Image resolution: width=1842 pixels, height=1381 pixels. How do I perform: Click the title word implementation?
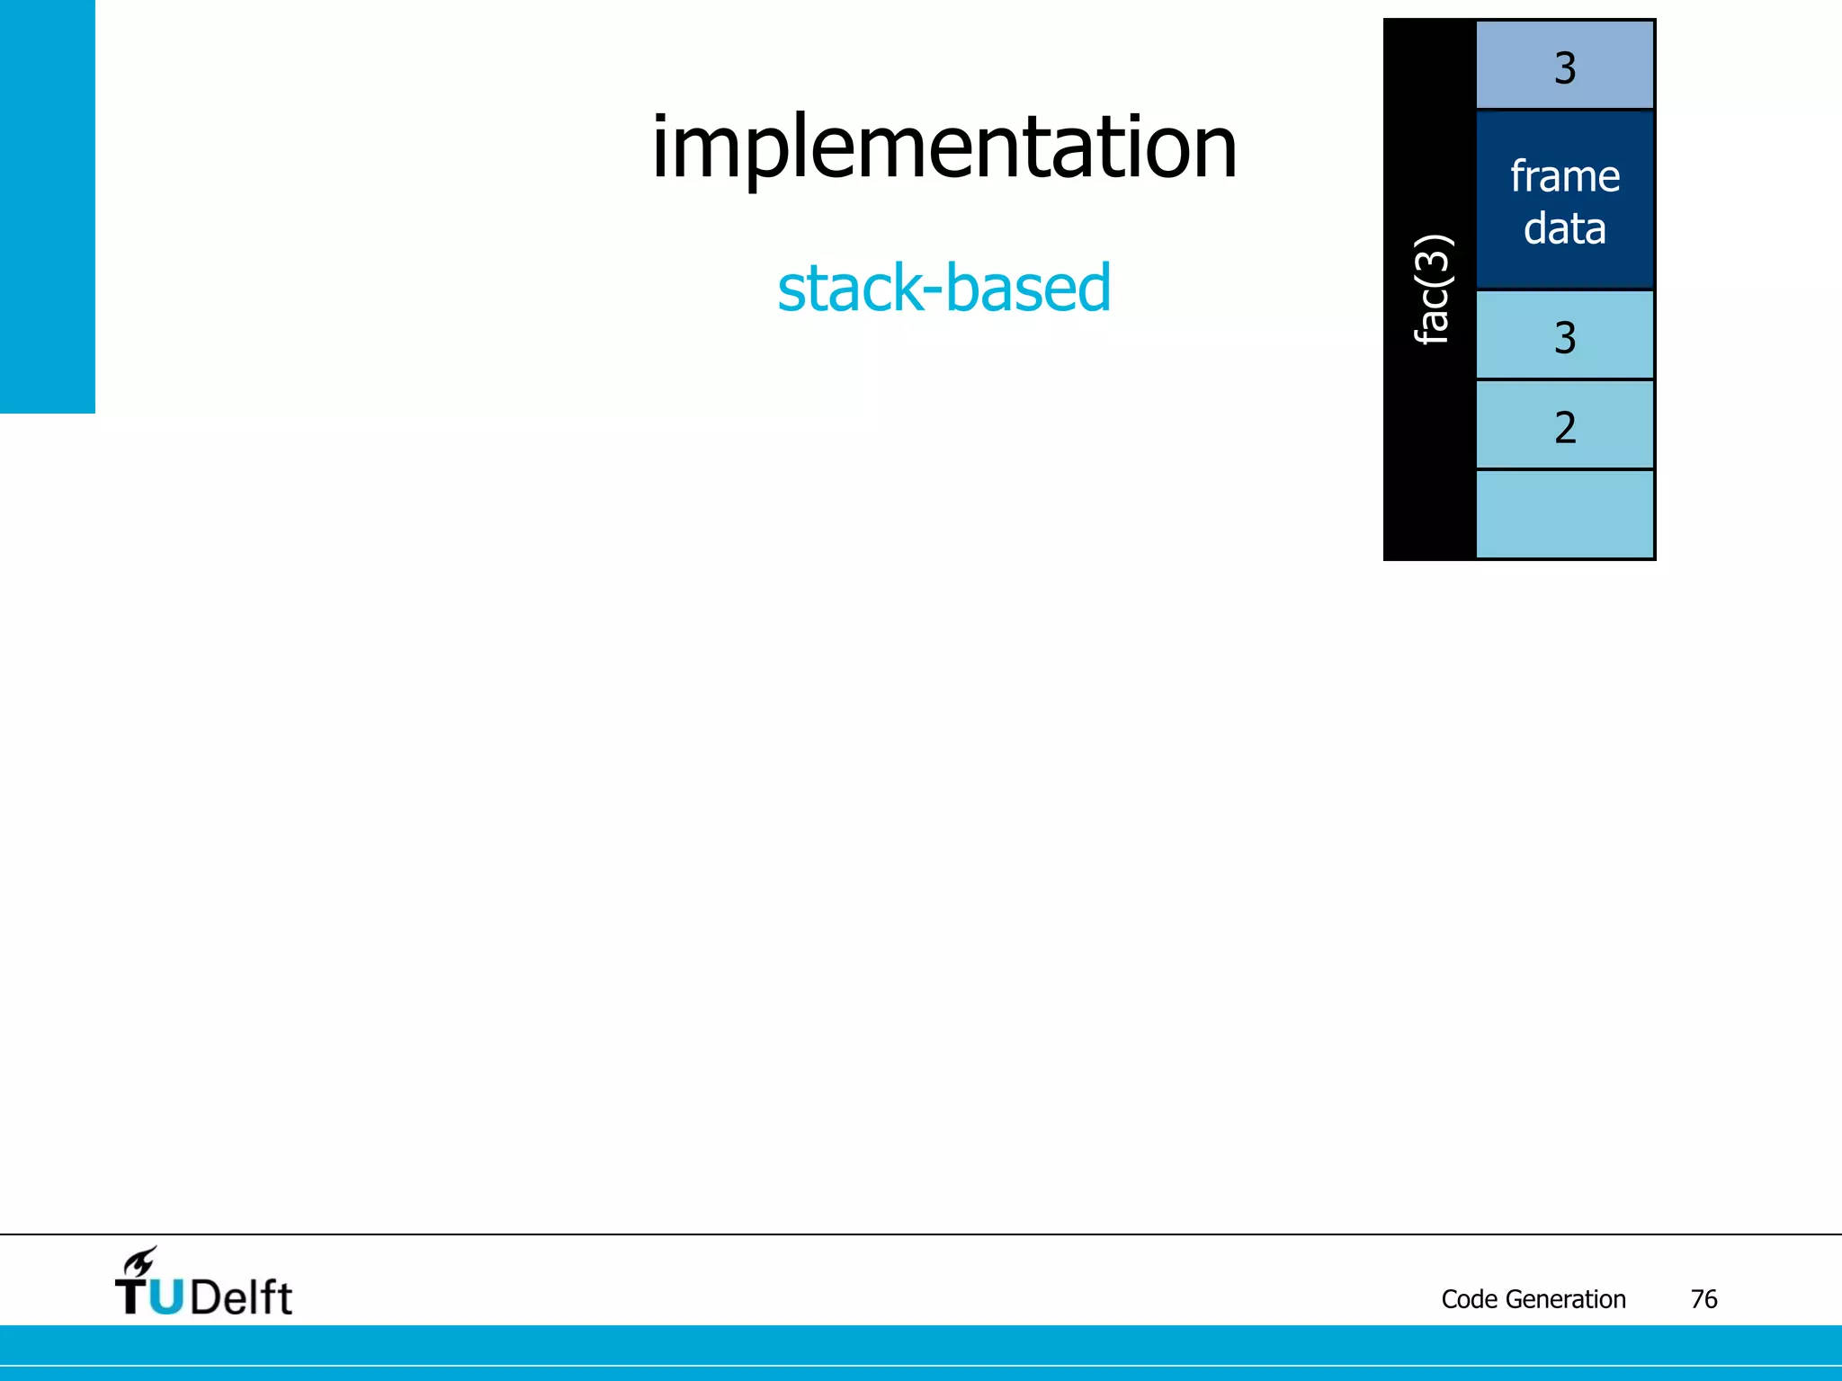coord(943,148)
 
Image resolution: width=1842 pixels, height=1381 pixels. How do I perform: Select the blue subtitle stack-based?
coord(943,289)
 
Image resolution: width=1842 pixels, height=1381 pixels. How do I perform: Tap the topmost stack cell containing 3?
coord(1564,67)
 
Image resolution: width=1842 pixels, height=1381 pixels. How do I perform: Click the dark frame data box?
coord(1564,200)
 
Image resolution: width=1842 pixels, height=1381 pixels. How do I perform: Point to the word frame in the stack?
coord(1564,176)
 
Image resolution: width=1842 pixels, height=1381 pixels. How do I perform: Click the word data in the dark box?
coord(1564,228)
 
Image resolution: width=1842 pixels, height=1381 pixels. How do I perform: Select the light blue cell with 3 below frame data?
coord(1564,335)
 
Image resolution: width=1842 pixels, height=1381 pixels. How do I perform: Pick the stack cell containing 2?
coord(1564,425)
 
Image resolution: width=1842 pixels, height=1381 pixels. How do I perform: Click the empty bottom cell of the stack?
coord(1564,513)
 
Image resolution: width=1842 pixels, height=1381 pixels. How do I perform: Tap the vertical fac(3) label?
coord(1431,290)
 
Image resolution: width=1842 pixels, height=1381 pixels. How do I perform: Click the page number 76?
coord(1703,1299)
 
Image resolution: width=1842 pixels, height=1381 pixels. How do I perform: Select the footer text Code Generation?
coord(1533,1299)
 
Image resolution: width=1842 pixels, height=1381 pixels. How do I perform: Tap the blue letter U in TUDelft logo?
coord(165,1296)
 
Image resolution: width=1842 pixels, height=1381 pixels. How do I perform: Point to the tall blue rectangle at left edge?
coord(47,207)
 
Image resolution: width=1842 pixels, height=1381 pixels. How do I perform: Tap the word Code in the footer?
coord(1470,1299)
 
